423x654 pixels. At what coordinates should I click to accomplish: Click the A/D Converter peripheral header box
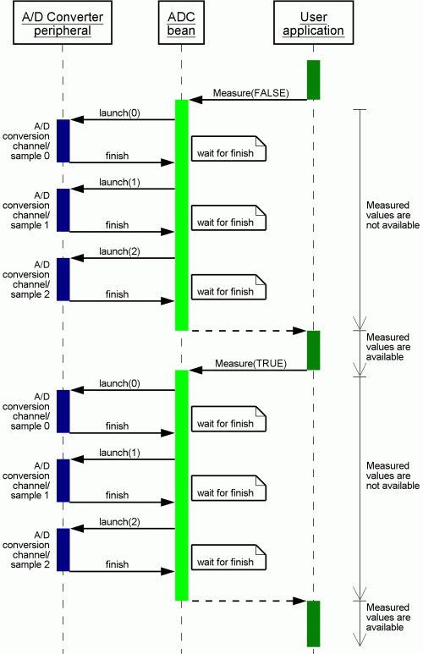tap(63, 23)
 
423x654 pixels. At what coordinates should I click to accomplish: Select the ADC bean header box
tap(181, 23)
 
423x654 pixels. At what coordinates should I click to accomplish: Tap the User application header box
tap(313, 23)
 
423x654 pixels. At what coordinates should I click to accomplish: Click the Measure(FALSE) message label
tap(250, 92)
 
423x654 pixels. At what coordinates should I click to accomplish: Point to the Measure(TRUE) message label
tap(250, 363)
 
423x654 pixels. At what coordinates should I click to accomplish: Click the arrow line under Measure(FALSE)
tap(248, 100)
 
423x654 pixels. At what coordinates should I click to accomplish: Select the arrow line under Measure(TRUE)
tap(248, 370)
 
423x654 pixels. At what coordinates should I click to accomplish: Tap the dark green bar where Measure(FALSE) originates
tap(313, 80)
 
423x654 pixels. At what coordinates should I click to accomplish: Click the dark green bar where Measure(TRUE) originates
tap(313, 350)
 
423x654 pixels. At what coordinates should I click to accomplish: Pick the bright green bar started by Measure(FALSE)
tap(181, 215)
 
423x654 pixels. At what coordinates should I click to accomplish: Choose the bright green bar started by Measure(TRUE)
tap(181, 486)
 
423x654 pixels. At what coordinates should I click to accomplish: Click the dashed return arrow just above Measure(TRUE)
tap(248, 331)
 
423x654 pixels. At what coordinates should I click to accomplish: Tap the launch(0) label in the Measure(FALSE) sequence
tap(119, 113)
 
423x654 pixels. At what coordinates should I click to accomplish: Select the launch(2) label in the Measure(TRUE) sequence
tap(119, 522)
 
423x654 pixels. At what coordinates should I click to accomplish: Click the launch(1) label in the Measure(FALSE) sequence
tap(119, 182)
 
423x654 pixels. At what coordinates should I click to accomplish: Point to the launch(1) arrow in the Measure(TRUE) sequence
tap(123, 459)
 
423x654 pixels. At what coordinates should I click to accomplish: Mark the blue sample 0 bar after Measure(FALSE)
tap(63, 141)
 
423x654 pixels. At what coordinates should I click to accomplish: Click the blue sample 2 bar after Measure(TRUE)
tap(63, 550)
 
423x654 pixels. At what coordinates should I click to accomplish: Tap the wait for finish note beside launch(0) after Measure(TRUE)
tap(228, 419)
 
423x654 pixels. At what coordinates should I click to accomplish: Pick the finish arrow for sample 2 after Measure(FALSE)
tap(122, 300)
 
